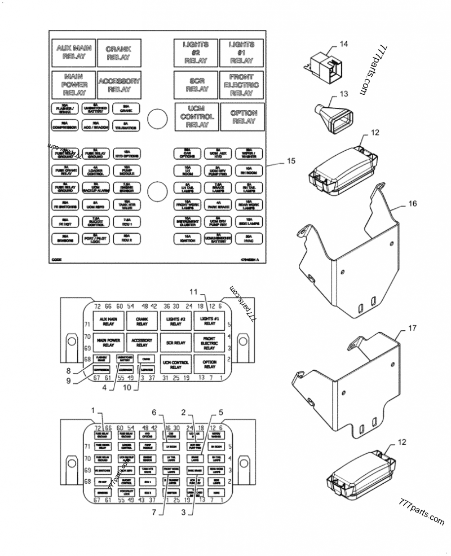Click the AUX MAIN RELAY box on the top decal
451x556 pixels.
pos(73,53)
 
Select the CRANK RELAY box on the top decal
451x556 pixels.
pos(118,53)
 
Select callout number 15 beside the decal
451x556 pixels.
pos(290,161)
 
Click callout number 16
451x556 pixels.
pos(413,204)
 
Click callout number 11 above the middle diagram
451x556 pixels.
pos(194,292)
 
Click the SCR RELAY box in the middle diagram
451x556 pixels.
pos(176,343)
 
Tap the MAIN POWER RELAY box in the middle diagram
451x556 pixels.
pos(108,343)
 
